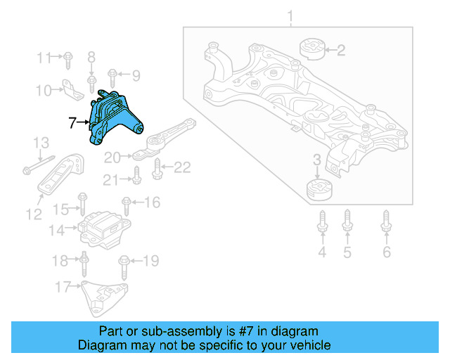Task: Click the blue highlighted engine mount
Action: tap(112, 118)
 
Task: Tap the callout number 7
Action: tap(72, 122)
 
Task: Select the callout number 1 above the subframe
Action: tap(291, 15)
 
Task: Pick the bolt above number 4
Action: tap(323, 221)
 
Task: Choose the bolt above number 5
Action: tap(347, 221)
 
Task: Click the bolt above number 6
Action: tap(386, 221)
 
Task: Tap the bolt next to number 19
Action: tap(124, 264)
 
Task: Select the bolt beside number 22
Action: tap(156, 168)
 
